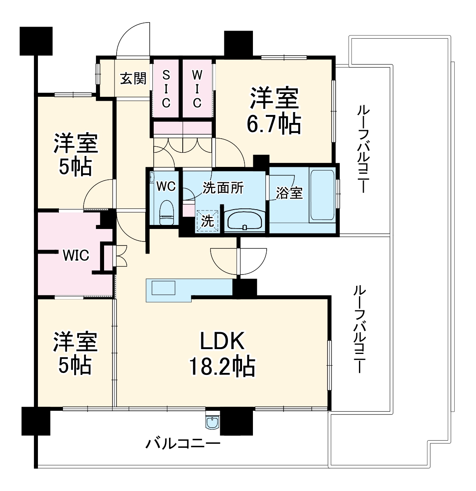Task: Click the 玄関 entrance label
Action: tap(133, 78)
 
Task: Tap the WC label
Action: tap(166, 186)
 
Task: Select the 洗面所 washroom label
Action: tap(223, 188)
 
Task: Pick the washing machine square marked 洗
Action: tap(207, 221)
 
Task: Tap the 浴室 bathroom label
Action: tap(289, 193)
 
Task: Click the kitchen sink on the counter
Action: tap(163, 288)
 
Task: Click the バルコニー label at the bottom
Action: tap(183, 445)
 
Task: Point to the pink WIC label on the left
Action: tap(75, 255)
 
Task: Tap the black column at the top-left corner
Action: tap(36, 41)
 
